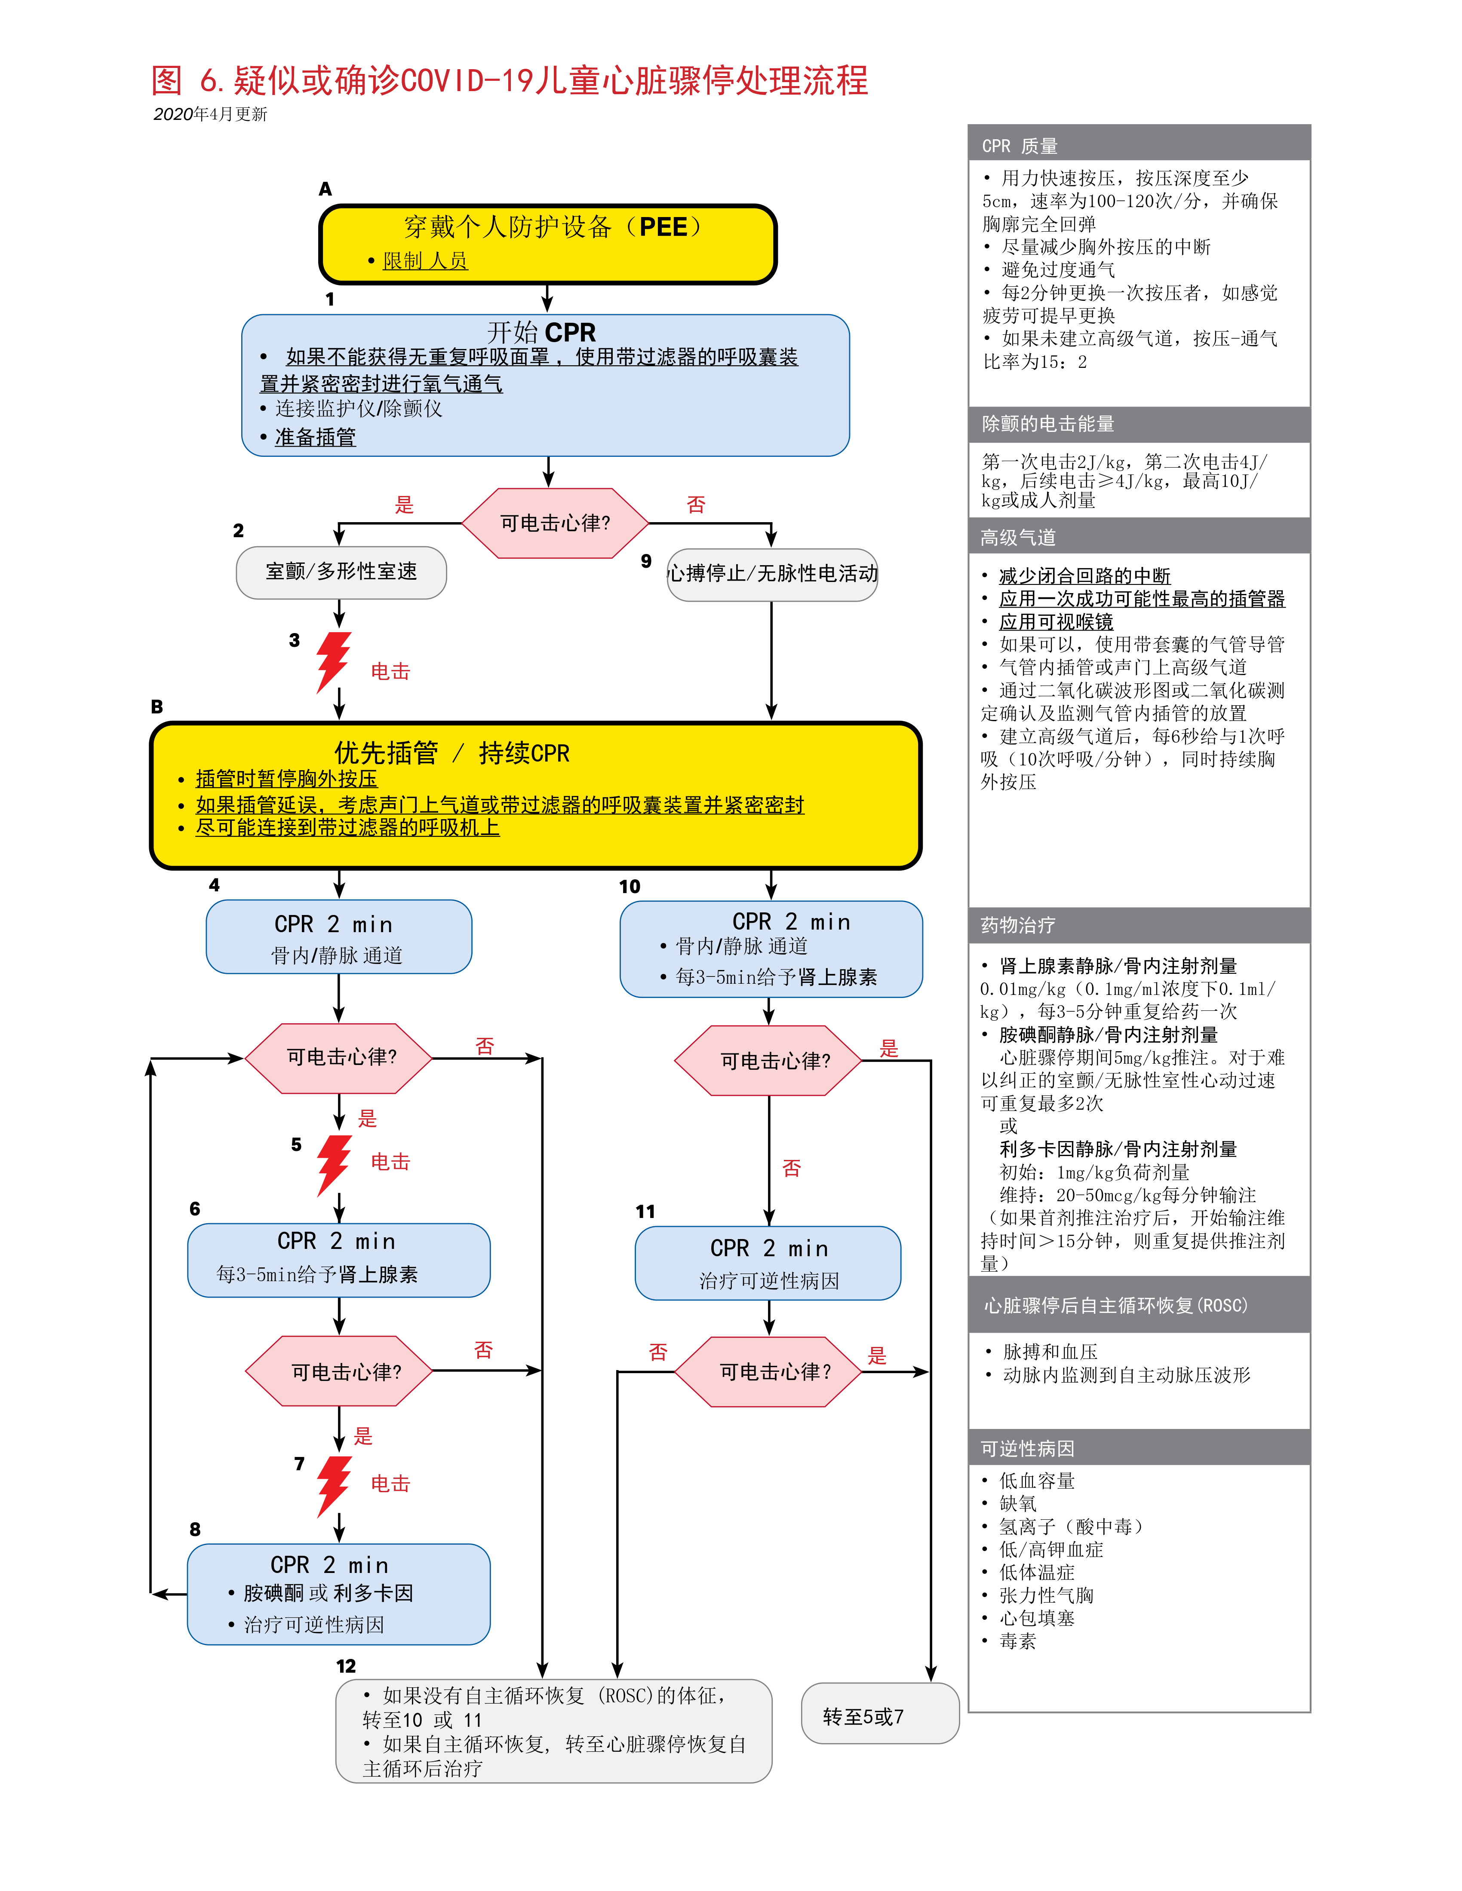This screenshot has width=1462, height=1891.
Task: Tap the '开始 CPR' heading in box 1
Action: click(541, 333)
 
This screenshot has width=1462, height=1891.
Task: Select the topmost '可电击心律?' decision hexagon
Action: click(555, 523)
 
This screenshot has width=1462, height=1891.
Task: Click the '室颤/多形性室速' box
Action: click(341, 572)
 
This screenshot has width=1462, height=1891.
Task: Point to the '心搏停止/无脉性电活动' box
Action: click(772, 573)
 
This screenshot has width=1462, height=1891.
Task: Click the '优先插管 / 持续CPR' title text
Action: click(452, 753)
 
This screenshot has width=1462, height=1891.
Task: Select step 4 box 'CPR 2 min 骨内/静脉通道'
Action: click(339, 937)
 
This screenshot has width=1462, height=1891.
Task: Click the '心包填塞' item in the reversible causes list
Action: click(1037, 1617)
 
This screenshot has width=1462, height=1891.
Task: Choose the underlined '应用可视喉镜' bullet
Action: click(1056, 622)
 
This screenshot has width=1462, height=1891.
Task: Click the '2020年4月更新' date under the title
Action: click(210, 114)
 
